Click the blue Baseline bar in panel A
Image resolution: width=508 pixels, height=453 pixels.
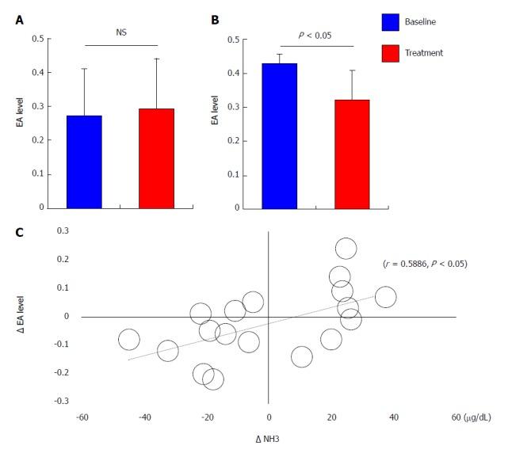tap(84, 162)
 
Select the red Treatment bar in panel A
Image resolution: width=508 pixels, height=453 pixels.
tap(156, 158)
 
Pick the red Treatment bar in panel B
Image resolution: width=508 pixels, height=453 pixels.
tap(351, 154)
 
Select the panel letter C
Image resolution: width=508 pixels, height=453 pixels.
tap(19, 232)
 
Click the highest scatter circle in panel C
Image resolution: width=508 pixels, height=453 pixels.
tap(346, 249)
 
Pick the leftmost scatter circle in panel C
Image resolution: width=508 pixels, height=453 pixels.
tap(129, 340)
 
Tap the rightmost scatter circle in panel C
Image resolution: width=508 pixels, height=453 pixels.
tap(385, 298)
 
